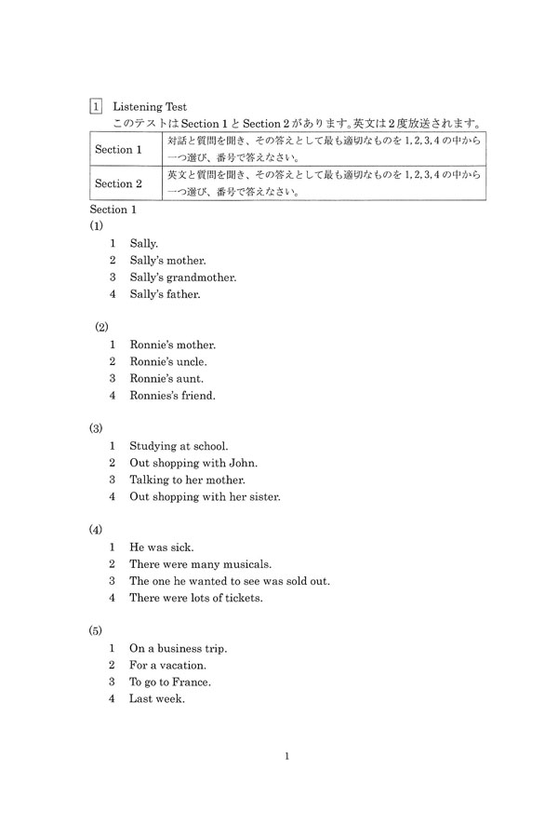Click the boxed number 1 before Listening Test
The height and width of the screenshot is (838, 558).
(x=96, y=107)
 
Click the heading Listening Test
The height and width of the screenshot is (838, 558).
(x=150, y=107)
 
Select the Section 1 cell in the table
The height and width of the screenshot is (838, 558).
(x=119, y=149)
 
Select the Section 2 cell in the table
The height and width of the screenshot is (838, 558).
(x=119, y=183)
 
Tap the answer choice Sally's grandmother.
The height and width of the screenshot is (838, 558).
(x=183, y=277)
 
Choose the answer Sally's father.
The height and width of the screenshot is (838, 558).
(x=166, y=294)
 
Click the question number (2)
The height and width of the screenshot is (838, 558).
(x=101, y=327)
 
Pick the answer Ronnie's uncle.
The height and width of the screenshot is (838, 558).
(x=168, y=361)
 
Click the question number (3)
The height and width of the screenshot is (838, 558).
(x=96, y=428)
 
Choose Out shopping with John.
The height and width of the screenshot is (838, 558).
(x=193, y=463)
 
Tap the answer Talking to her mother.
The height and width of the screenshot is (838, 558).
(x=187, y=480)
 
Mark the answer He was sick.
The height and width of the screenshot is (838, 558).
(x=161, y=547)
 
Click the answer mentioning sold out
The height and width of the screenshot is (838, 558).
(x=229, y=581)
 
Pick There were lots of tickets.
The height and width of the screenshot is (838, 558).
(x=195, y=598)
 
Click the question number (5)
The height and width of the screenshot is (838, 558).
(x=96, y=630)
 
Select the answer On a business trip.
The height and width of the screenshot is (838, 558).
(x=178, y=648)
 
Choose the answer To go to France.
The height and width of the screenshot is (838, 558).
(x=170, y=682)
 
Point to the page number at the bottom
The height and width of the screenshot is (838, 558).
(x=287, y=756)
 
